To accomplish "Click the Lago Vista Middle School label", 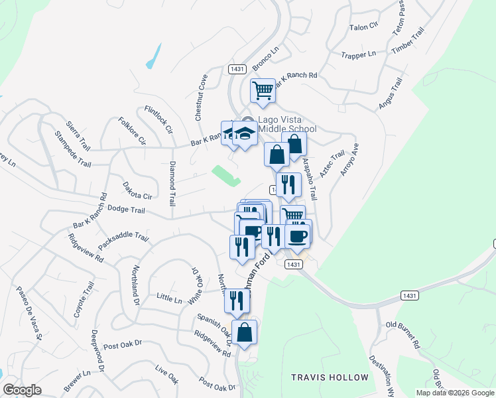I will tap(278, 124).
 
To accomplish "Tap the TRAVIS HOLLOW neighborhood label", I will tap(330, 377).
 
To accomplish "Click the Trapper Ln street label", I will tap(358, 54).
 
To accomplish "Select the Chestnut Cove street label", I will tap(202, 97).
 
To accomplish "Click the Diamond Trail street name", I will tap(172, 183).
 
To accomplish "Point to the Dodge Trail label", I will tap(126, 210).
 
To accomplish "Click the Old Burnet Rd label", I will tap(404, 334).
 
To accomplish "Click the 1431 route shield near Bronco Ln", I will tap(237, 68).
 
